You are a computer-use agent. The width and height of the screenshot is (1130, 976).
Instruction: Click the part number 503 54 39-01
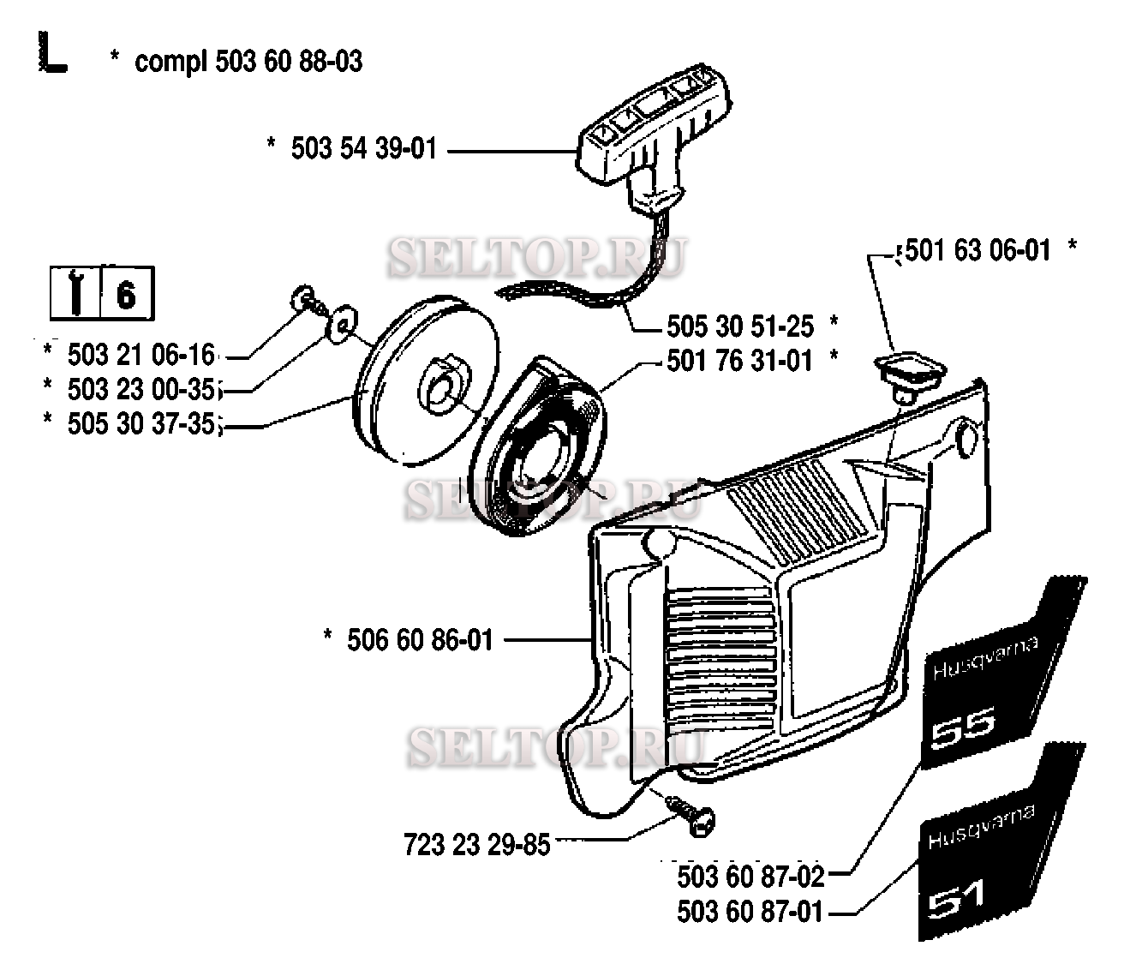coord(364,149)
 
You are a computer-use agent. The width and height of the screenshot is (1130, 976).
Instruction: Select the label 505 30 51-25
coord(740,326)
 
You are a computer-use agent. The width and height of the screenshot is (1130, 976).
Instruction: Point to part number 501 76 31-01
coord(739,362)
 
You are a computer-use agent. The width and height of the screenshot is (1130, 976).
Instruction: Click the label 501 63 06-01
coord(978,251)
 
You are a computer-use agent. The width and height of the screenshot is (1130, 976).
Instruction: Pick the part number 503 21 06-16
coord(141,355)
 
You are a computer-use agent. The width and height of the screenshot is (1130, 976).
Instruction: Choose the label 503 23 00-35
coord(141,389)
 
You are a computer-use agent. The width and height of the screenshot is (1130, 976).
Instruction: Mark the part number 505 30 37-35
coord(141,424)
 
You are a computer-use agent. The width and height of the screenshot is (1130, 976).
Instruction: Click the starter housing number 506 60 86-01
coord(420,640)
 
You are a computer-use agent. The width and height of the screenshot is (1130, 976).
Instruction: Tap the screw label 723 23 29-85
coord(476,845)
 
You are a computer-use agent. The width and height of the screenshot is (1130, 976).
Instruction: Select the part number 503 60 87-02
coord(750,877)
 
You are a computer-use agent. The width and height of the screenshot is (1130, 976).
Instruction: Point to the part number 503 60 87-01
coord(750,912)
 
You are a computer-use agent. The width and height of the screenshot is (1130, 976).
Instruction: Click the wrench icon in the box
coord(75,294)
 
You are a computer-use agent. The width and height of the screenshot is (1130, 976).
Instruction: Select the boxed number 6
coord(126,295)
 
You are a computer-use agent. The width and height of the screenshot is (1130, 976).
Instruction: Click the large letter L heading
coord(52,53)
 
